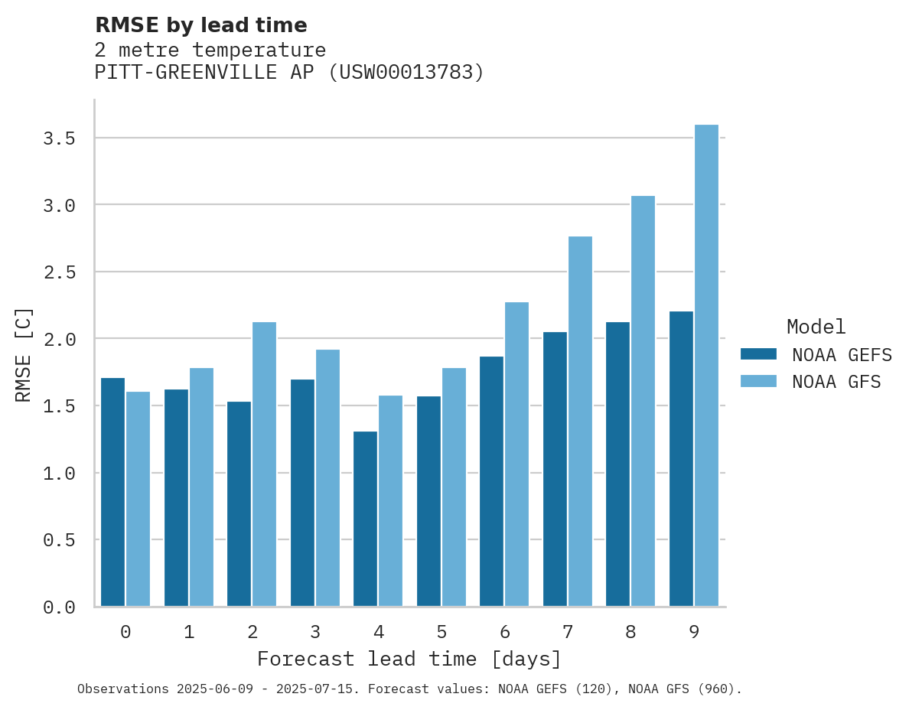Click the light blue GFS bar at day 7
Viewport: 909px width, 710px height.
[x=580, y=422]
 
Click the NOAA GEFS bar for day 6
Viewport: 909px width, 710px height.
[x=491, y=481]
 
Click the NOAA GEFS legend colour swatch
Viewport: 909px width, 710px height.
[x=758, y=354]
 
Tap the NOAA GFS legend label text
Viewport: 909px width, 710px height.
[x=836, y=382]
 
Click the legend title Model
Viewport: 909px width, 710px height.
[x=816, y=327]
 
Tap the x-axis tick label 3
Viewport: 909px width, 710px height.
[x=315, y=632]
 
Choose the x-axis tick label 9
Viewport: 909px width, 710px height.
[x=694, y=632]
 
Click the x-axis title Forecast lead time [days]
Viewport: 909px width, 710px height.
[x=409, y=659]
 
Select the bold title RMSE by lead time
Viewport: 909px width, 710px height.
[x=200, y=25]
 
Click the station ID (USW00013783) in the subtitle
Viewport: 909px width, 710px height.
[x=406, y=72]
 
